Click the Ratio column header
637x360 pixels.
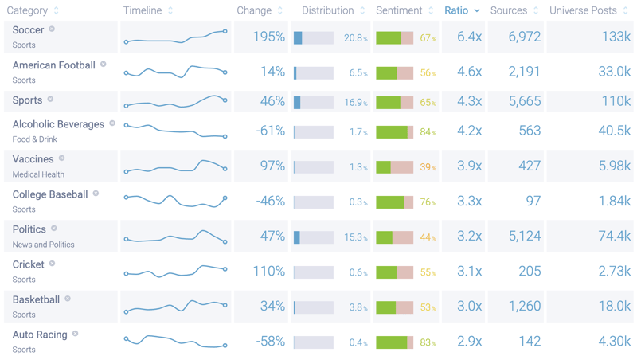pyautogui.click(x=456, y=10)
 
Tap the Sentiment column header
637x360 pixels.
pyautogui.click(x=399, y=10)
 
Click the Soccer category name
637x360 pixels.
pyautogui.click(x=28, y=30)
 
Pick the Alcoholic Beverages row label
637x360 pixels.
pyautogui.click(x=58, y=124)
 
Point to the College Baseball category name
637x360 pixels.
pyautogui.click(x=50, y=194)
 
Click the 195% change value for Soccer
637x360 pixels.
pyautogui.click(x=268, y=37)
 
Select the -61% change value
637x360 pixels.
pyautogui.click(x=270, y=131)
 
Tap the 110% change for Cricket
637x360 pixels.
pyautogui.click(x=268, y=271)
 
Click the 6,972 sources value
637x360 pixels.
pyautogui.click(x=524, y=37)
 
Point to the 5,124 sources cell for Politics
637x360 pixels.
pyautogui.click(x=524, y=236)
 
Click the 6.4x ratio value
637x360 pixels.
pyautogui.click(x=469, y=37)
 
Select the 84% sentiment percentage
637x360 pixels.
pyautogui.click(x=428, y=132)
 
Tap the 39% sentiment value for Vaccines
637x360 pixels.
pyautogui.click(x=428, y=167)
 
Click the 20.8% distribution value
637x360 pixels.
pyautogui.click(x=355, y=38)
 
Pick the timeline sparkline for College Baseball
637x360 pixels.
pyautogui.click(x=175, y=199)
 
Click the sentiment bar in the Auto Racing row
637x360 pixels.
pyautogui.click(x=394, y=342)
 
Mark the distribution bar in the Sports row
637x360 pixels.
pyautogui.click(x=314, y=103)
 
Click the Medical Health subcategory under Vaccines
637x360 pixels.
pyautogui.click(x=38, y=174)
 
